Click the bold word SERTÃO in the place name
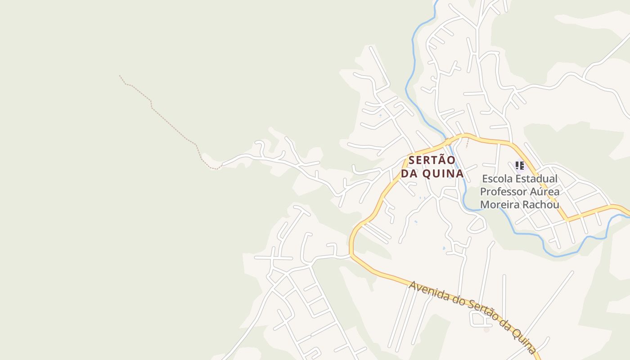(432, 160)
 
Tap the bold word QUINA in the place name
(444, 174)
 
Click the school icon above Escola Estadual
(520, 166)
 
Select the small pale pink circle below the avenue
(486, 330)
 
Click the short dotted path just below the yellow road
(468, 143)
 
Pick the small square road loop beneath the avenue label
(476, 319)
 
